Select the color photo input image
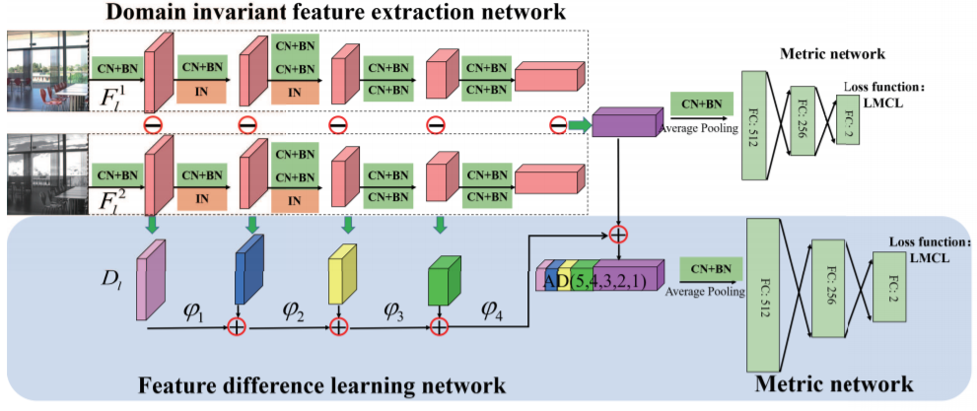(x=46, y=75)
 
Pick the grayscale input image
(x=46, y=174)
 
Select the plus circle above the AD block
(x=618, y=236)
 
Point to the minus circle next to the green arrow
(x=558, y=125)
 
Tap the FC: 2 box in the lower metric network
(x=891, y=286)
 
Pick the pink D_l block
(x=150, y=282)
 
